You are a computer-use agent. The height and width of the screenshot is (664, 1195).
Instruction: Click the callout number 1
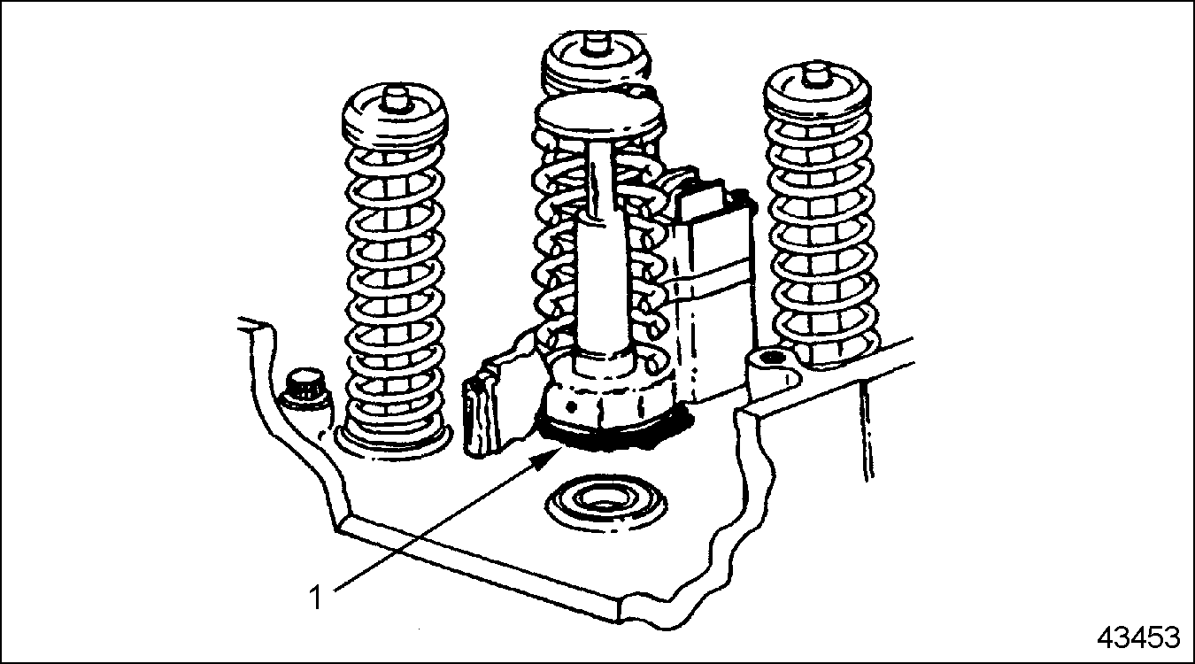click(x=316, y=598)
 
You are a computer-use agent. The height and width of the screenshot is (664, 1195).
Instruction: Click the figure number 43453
click(x=1138, y=637)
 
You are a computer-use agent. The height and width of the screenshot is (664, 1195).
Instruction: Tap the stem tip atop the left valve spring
click(x=395, y=100)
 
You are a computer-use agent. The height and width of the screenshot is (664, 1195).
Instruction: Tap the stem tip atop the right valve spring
click(x=815, y=77)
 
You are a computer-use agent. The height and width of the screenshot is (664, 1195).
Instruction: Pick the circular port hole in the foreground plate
click(x=605, y=501)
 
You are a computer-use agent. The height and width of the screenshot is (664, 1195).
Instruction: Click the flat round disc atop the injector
click(x=598, y=116)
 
